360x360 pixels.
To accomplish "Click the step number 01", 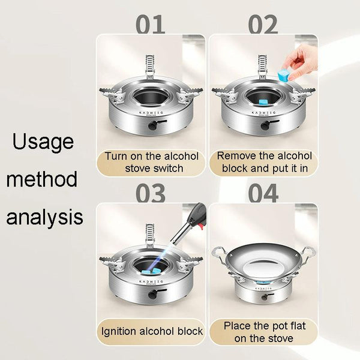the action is [151, 24].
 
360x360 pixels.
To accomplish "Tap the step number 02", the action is [263, 24].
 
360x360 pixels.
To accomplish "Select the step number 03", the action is [151, 193].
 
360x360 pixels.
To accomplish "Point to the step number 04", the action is [263, 193].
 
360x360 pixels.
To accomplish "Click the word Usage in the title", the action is [43, 142].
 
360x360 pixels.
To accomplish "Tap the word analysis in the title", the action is [44, 217].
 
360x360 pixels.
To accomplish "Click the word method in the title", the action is [42, 179].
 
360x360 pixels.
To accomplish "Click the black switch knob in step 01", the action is [152, 125].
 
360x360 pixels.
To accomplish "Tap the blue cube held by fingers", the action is [283, 74].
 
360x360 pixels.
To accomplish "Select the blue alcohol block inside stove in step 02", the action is [263, 103].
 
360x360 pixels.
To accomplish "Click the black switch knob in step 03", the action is [152, 294].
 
